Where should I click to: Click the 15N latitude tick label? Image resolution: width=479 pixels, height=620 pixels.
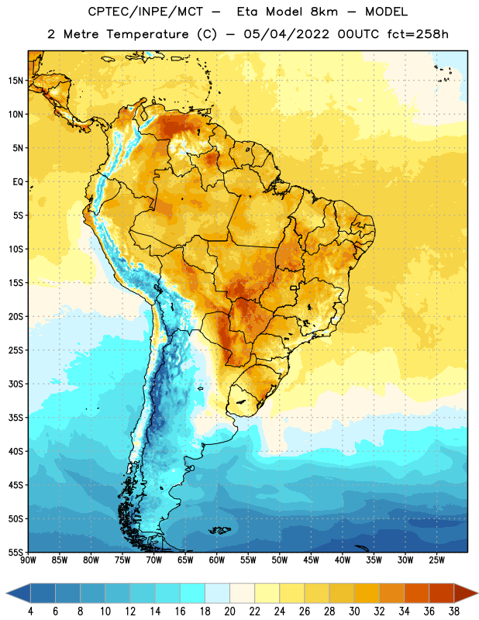(16, 81)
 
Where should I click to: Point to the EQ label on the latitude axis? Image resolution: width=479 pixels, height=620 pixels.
(18, 182)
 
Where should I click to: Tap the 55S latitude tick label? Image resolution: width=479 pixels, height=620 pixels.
(16, 552)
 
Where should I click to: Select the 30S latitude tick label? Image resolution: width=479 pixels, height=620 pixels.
(16, 384)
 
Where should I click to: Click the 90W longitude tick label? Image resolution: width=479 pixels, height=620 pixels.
(28, 560)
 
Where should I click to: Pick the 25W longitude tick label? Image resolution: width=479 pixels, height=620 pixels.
(436, 560)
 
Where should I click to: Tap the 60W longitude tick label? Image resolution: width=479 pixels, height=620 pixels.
(217, 560)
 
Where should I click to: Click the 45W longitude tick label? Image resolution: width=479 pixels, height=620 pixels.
(311, 560)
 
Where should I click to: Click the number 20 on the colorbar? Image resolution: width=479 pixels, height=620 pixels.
(229, 611)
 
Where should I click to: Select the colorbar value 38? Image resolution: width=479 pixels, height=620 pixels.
(453, 611)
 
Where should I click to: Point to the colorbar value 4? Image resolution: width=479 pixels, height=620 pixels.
(30, 611)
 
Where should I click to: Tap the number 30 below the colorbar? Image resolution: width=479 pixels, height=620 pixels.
(354, 611)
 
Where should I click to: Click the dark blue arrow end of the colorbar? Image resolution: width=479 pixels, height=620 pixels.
(19, 594)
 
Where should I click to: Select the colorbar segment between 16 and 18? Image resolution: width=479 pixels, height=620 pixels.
(193, 594)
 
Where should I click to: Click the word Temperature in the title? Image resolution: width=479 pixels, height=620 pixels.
(148, 34)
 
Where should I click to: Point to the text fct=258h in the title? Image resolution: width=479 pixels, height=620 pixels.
(418, 34)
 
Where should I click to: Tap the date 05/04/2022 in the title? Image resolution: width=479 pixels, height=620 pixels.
(286, 34)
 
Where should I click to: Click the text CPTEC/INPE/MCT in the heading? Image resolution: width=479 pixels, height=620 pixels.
(146, 12)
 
